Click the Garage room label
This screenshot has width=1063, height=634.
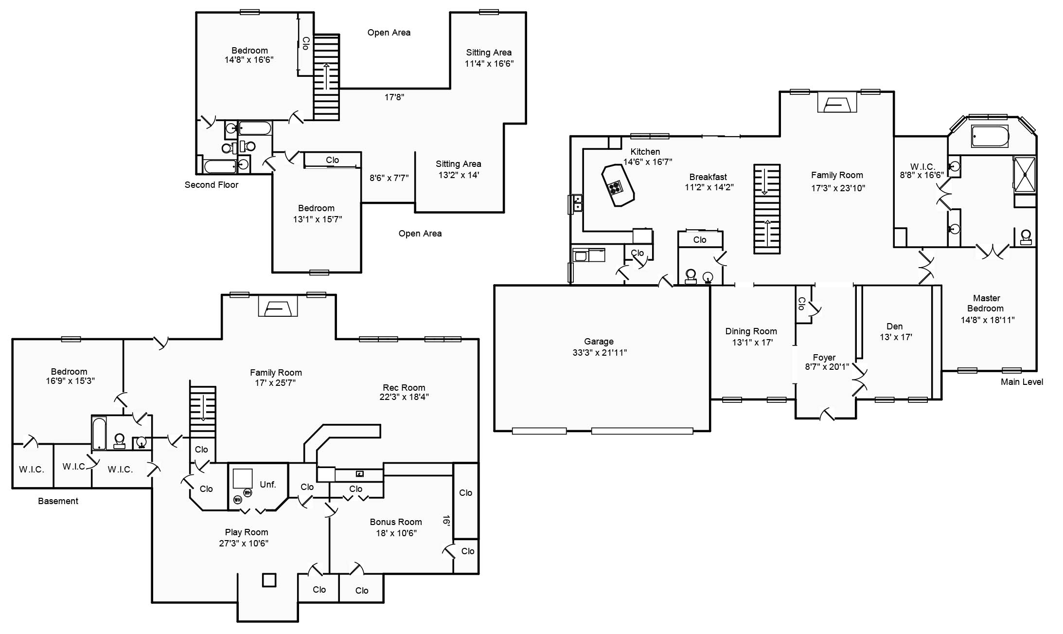pos(599,342)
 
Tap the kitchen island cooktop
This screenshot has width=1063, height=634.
pos(615,187)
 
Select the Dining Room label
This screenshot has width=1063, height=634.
pos(751,331)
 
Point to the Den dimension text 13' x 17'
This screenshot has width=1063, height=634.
pos(896,337)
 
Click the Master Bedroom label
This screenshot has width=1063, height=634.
pos(986,303)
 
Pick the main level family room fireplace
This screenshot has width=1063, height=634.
pos(837,102)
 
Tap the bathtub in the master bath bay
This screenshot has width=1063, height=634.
pos(990,136)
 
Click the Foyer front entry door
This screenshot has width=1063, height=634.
pos(827,415)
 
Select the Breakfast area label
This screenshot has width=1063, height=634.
pos(708,177)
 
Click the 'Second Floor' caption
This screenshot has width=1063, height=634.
pos(212,185)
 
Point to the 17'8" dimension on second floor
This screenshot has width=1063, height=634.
pos(394,97)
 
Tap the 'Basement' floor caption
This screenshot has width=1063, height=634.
pos(58,501)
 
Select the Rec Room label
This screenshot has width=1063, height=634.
pos(404,388)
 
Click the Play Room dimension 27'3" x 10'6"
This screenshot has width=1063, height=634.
pos(244,543)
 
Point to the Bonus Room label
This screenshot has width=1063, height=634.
pos(396,522)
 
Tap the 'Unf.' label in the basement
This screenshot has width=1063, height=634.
pos(268,485)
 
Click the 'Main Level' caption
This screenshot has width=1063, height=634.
pos(1022,382)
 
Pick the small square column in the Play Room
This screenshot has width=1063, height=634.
pos(269,580)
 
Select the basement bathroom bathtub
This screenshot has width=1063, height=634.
pos(99,433)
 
